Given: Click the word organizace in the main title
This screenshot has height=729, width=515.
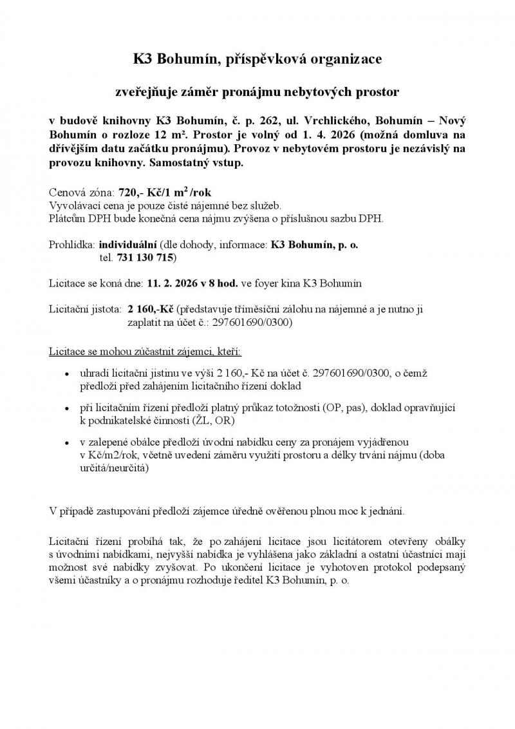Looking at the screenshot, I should pyautogui.click(x=345, y=60).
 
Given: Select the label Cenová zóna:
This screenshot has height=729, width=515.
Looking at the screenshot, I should pyautogui.click(x=80, y=193).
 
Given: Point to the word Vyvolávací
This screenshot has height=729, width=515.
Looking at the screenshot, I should pyautogui.click(x=75, y=205).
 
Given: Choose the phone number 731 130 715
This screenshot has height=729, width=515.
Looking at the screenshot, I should pyautogui.click(x=145, y=258).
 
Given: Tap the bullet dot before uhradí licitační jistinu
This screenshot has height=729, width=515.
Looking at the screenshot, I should pyautogui.click(x=69, y=374).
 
